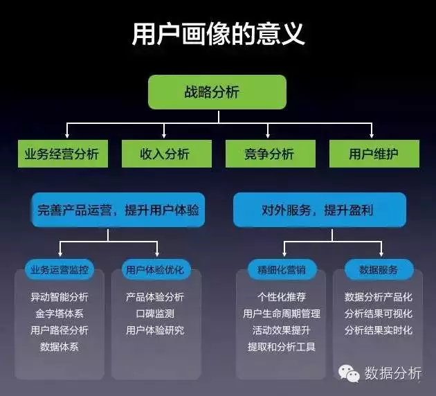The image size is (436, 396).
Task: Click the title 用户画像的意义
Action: (x=218, y=34)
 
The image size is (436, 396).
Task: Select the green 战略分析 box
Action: (x=217, y=92)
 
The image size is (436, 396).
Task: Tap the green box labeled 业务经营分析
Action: (x=63, y=154)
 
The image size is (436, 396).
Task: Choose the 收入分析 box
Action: (x=167, y=154)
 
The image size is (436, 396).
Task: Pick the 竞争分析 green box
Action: (x=271, y=154)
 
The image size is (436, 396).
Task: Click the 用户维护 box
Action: (x=374, y=154)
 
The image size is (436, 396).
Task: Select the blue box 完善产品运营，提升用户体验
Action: (x=118, y=210)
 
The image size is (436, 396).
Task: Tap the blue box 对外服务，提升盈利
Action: (x=320, y=210)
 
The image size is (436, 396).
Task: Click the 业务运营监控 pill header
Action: (x=60, y=269)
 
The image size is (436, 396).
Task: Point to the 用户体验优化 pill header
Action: (x=156, y=269)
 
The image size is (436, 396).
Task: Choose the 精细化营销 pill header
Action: (x=282, y=269)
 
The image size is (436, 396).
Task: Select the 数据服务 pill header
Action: (x=379, y=269)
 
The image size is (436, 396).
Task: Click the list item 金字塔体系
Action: (x=60, y=314)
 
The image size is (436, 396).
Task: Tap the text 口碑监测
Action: (x=155, y=314)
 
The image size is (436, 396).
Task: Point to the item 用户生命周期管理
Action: (x=282, y=314)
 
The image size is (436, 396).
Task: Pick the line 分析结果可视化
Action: (x=379, y=314)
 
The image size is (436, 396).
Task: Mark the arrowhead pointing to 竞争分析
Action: (x=268, y=136)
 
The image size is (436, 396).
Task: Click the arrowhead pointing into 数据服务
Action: (x=381, y=254)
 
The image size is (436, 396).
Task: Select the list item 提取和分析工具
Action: (x=282, y=347)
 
